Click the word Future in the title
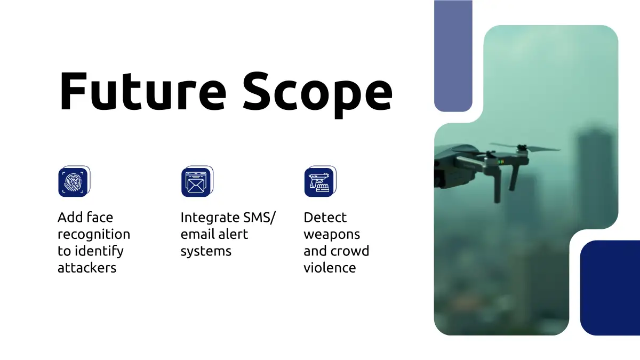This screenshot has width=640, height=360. pyautogui.click(x=142, y=91)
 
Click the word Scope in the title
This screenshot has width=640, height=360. pyautogui.click(x=318, y=94)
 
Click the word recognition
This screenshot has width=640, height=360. pyautogui.click(x=94, y=235)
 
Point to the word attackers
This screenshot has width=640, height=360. pyautogui.click(x=87, y=268)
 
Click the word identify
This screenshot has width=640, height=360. pyautogui.click(x=99, y=251)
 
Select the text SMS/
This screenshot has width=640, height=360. pyautogui.click(x=259, y=218)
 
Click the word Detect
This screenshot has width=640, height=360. pyautogui.click(x=325, y=218)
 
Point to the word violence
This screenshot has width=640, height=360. pyautogui.click(x=330, y=268)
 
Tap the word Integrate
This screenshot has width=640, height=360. pyautogui.click(x=210, y=218)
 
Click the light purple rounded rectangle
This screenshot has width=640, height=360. pyautogui.click(x=453, y=56)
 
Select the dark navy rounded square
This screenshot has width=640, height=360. pyautogui.click(x=610, y=287)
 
